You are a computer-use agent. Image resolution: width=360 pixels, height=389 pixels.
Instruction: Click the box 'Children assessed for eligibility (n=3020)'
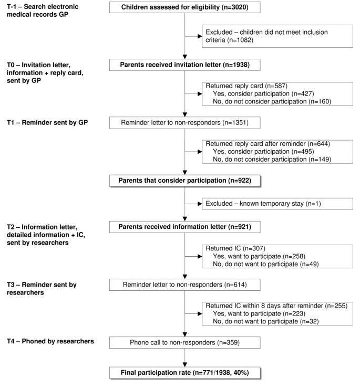183,8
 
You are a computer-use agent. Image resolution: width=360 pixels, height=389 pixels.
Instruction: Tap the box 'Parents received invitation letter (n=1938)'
183,65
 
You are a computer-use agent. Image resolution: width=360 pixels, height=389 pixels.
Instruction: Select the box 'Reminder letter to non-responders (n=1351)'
183,123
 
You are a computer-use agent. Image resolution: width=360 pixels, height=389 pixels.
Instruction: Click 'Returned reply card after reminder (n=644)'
265,143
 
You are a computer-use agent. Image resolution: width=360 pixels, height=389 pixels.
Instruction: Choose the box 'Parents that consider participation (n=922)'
183,180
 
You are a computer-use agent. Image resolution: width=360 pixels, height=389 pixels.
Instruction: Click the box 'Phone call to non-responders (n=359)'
183,342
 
